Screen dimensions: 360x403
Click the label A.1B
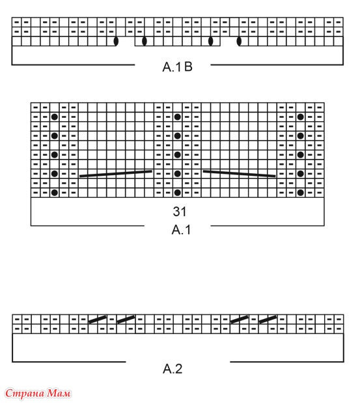click(177, 67)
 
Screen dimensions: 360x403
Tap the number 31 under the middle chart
click(180, 212)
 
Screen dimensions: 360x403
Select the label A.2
click(173, 368)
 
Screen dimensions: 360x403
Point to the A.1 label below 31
click(181, 230)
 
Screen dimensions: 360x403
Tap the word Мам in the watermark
click(59, 393)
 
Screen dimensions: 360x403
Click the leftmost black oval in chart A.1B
click(116, 41)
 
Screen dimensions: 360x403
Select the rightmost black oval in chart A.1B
click(239, 41)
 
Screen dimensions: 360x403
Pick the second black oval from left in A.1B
click(144, 41)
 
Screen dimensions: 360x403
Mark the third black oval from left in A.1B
click(211, 41)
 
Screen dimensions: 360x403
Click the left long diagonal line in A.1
click(116, 173)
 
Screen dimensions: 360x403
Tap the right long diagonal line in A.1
click(239, 173)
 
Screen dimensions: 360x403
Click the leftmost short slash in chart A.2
click(98, 319)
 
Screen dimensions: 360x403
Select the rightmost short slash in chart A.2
click(268, 319)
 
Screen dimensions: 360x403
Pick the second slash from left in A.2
click(126, 319)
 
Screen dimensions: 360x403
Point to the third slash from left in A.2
click(240, 319)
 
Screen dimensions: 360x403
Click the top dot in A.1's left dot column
click(55, 117)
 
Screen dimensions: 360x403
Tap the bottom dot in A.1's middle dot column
click(177, 193)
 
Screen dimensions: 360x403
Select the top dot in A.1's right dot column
click(300, 117)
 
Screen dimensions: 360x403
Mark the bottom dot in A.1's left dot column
click(55, 193)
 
